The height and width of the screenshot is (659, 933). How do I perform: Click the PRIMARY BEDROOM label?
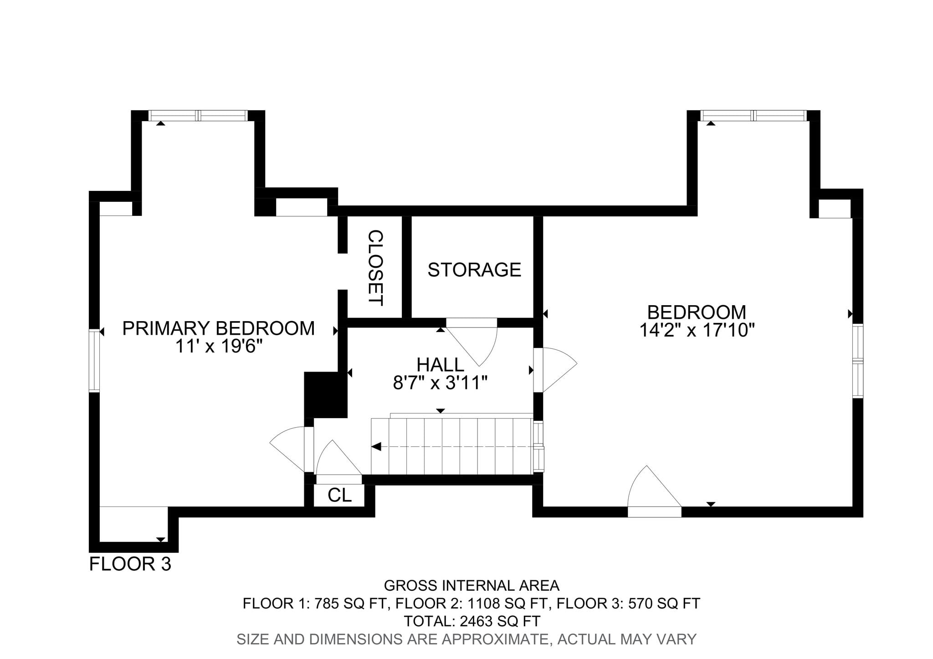point(218,328)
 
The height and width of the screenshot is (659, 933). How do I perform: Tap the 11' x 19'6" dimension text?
point(219,347)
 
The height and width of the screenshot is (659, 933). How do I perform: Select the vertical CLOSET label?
point(375,268)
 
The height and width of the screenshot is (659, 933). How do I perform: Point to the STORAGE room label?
point(474,270)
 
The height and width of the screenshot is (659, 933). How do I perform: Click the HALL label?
point(441,365)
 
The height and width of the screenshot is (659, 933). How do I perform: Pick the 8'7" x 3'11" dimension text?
point(441,383)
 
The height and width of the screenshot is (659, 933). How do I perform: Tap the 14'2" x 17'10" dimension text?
point(697,330)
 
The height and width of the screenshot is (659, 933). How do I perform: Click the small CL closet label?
point(339,496)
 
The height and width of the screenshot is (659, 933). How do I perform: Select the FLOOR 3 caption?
point(130,564)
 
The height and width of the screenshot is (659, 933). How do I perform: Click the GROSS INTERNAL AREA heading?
point(472,585)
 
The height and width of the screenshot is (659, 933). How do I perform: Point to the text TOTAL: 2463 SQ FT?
point(472,621)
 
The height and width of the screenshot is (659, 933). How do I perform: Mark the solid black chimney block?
point(325,395)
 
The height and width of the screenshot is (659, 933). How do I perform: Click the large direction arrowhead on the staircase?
point(376,447)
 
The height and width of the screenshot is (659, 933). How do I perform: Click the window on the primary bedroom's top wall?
point(198,115)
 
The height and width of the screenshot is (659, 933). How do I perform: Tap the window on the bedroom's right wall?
point(858,361)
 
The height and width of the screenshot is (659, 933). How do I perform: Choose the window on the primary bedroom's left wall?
point(94,360)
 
